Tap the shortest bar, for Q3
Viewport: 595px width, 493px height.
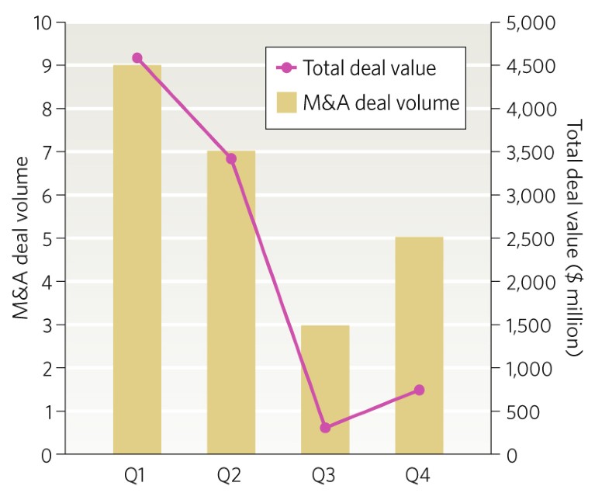pos(325,389)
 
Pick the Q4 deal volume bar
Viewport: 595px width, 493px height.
pos(419,345)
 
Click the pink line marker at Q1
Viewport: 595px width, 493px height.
pos(137,57)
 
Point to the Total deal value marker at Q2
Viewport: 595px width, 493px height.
pos(231,158)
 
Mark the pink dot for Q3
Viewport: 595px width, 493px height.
pos(325,428)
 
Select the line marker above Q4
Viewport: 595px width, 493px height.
pos(419,390)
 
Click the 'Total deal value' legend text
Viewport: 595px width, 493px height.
pos(369,68)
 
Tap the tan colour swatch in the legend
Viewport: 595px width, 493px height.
pos(288,102)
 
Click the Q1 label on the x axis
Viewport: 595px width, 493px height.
pos(137,474)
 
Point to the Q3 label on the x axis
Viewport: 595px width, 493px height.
pos(325,474)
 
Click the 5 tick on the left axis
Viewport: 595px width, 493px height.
pos(48,238)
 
